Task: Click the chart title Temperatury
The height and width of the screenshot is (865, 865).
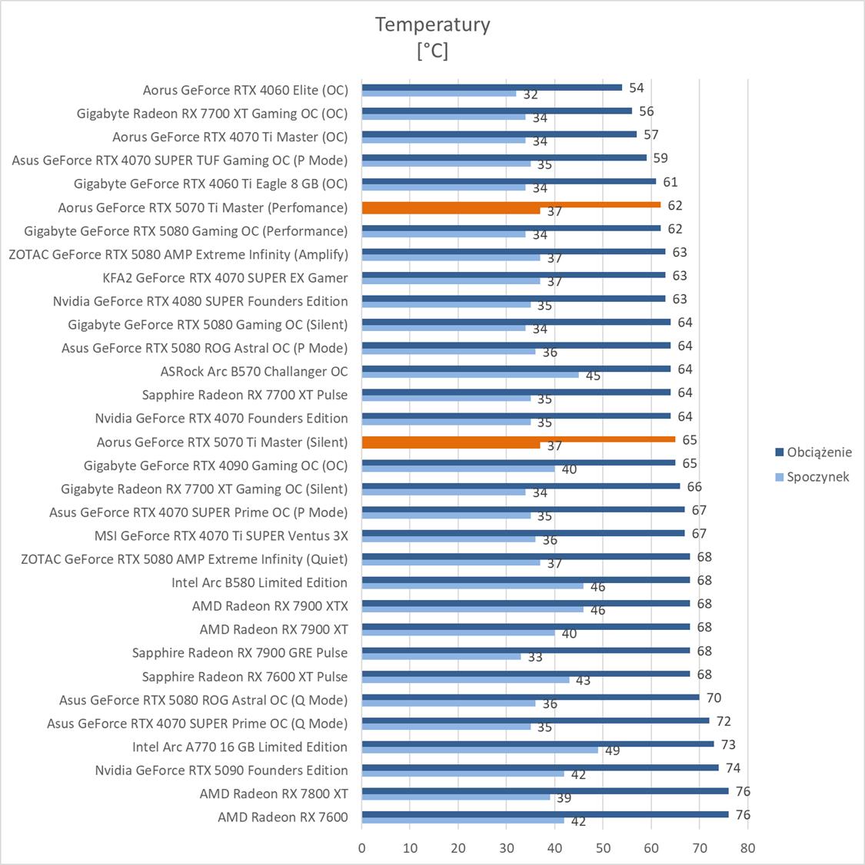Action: tap(432, 25)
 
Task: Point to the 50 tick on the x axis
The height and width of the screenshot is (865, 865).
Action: tap(603, 848)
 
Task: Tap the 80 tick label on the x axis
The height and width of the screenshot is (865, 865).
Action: tap(747, 848)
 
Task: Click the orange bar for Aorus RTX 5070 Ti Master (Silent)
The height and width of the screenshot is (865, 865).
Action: tap(518, 442)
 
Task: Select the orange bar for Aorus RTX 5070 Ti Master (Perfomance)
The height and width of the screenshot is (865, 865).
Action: tap(511, 207)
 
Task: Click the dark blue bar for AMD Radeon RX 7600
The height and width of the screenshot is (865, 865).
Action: tap(544, 814)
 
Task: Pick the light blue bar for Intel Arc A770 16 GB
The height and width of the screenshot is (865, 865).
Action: tap(480, 750)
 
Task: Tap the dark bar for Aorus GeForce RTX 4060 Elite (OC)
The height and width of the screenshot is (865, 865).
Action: tap(492, 87)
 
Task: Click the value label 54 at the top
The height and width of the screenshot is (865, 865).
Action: tap(636, 88)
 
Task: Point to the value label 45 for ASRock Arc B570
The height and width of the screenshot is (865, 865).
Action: tap(593, 376)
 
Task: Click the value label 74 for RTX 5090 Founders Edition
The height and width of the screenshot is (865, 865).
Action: tap(733, 768)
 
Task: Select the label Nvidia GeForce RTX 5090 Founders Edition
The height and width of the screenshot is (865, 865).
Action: tap(221, 771)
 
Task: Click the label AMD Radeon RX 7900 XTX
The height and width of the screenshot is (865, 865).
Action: tap(270, 606)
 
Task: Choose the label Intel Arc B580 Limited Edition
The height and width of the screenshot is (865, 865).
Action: tap(259, 582)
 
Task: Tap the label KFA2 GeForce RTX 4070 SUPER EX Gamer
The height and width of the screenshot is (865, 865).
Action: tap(225, 277)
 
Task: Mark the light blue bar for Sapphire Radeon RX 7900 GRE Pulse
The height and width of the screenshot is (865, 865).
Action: tap(441, 656)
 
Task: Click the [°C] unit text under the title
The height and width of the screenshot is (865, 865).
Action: tap(432, 51)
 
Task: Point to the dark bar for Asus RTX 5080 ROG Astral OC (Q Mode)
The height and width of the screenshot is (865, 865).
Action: tap(531, 697)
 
